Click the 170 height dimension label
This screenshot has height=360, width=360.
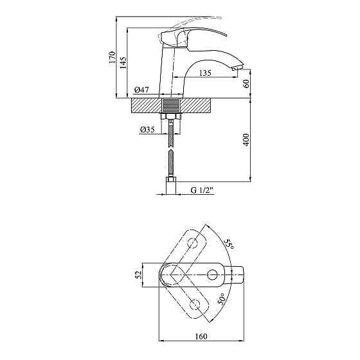113,57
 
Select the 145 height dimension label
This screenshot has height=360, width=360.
123,62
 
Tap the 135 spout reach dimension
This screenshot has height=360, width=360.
205,73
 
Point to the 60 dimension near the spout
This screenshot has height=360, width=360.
246,84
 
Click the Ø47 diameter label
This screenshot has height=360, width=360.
141,90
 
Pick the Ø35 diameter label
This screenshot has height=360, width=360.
147,130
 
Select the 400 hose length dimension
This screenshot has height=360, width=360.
246,139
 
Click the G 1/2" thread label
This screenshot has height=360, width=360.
202,190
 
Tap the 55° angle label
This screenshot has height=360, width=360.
229,245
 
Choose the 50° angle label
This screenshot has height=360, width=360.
222,299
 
